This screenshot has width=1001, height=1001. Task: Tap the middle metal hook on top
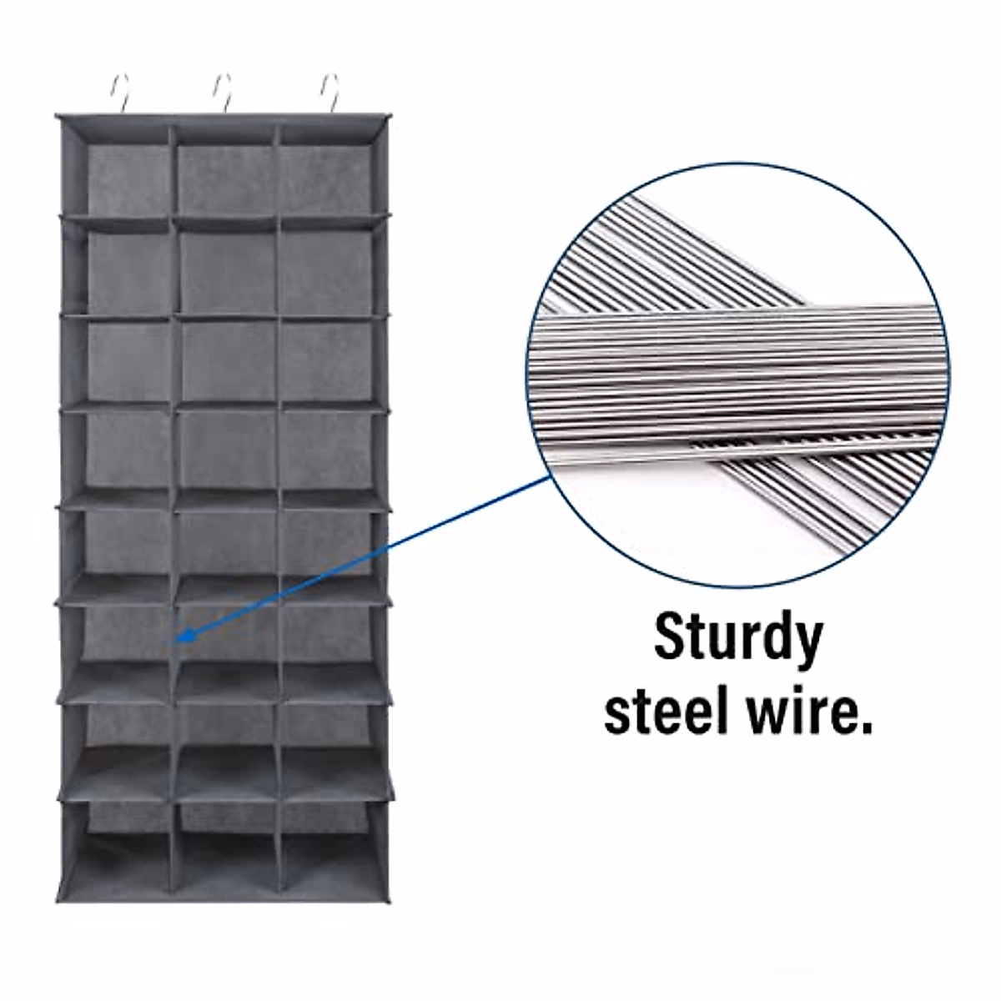[x=224, y=93]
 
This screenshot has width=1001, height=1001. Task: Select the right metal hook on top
[x=331, y=93]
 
